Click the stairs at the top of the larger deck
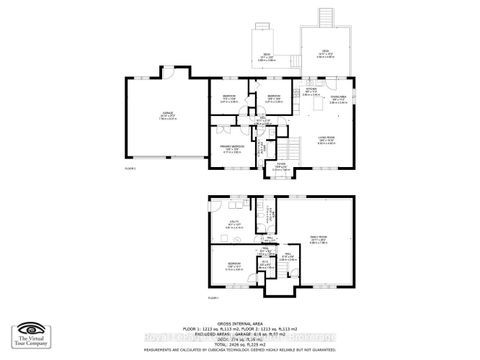point(323,19)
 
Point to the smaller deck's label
point(267,56)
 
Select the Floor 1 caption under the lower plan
point(212,298)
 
